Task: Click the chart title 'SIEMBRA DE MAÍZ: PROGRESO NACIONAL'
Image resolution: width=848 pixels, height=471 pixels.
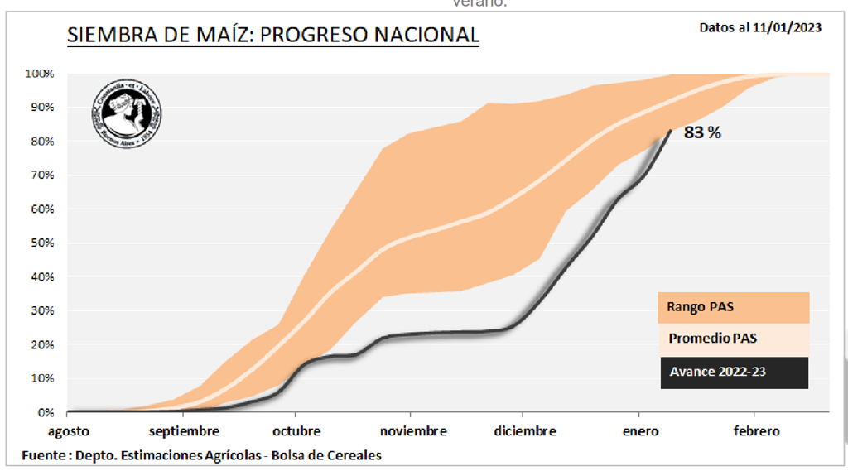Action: click(x=272, y=35)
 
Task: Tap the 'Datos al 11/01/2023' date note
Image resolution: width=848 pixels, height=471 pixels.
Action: click(x=760, y=27)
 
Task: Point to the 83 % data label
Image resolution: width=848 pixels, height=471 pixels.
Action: click(x=702, y=132)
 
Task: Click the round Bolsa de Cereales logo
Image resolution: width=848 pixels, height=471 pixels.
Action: click(x=126, y=113)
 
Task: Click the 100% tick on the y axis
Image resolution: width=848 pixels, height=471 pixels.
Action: click(x=40, y=74)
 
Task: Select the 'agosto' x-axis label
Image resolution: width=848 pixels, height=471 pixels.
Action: click(x=67, y=431)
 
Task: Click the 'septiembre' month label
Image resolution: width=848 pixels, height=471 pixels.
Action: click(x=184, y=431)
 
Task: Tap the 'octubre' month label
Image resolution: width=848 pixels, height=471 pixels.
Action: click(x=296, y=431)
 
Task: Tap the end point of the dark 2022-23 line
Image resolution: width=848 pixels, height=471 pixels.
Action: click(x=671, y=130)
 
